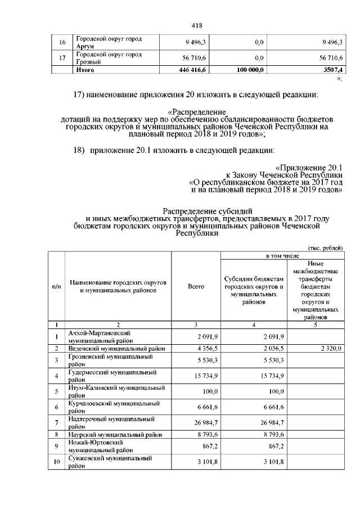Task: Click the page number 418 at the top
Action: coord(196,25)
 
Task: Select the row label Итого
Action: coord(85,70)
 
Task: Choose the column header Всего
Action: coord(196,286)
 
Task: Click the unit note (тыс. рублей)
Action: coord(325,248)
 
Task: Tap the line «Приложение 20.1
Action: coord(309,168)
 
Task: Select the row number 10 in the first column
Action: coord(57,462)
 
